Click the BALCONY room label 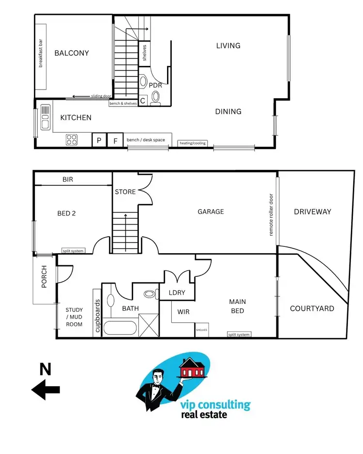(72, 53)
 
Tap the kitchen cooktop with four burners (72, 140)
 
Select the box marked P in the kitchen (99, 140)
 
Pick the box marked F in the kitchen (115, 140)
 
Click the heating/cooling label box (193, 143)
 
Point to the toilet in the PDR (155, 97)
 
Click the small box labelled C (143, 101)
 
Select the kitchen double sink (45, 117)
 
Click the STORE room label (125, 192)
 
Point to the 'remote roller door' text (271, 215)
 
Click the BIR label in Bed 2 (68, 179)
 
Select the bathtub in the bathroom (121, 328)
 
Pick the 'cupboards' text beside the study (97, 314)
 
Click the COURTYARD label (312, 308)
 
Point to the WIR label (183, 312)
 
